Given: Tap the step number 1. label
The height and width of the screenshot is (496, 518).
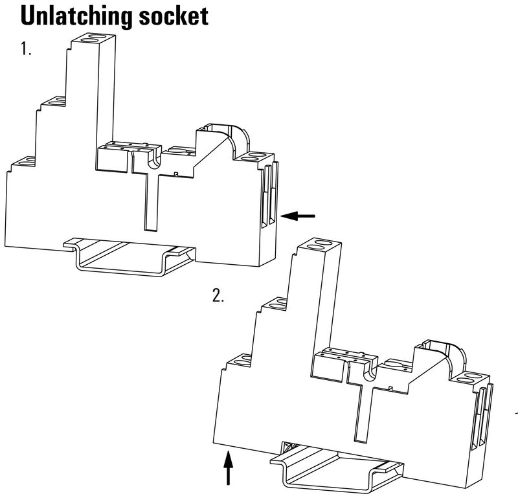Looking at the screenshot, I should coord(26,50).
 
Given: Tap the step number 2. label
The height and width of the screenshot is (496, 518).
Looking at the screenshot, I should coord(218,297).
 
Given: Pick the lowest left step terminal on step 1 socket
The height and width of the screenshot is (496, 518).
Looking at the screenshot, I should coord(24,163).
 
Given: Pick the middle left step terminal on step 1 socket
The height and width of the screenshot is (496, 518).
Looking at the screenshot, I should coord(54,102).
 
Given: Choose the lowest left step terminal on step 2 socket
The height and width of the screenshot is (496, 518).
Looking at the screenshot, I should coord(239,359).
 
